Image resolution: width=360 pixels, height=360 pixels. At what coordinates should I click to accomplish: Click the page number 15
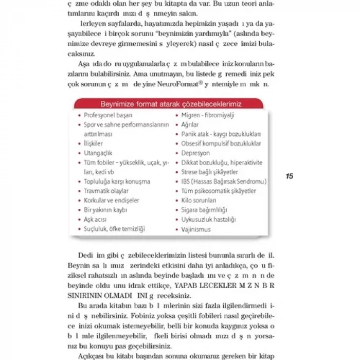289,176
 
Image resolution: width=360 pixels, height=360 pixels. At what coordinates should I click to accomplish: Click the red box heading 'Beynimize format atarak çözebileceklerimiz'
171,104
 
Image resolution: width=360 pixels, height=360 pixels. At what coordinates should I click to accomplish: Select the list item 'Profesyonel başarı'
108,115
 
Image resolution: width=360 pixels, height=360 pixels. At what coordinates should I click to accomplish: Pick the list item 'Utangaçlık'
98,153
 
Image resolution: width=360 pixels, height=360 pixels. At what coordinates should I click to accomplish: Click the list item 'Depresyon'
195,153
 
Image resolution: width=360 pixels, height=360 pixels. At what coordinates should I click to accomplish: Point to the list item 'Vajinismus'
196,229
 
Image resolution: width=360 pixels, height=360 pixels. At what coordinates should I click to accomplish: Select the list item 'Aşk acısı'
96,220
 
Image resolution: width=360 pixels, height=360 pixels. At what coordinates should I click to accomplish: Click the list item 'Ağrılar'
190,124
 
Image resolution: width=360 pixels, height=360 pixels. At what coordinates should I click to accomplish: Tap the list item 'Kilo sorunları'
199,200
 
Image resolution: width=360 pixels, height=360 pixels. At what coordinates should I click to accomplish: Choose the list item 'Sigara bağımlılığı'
204,210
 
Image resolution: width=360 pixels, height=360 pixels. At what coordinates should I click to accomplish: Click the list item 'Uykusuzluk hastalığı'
208,220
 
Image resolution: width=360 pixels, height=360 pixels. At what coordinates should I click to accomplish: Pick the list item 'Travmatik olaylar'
106,191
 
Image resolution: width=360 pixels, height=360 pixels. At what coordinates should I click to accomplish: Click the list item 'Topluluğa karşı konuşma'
117,182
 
